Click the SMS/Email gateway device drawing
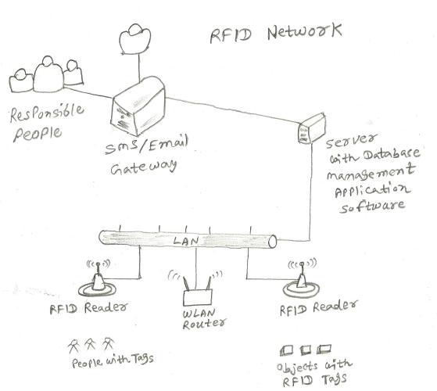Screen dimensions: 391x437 [138, 110]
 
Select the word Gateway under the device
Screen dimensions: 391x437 [139, 167]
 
